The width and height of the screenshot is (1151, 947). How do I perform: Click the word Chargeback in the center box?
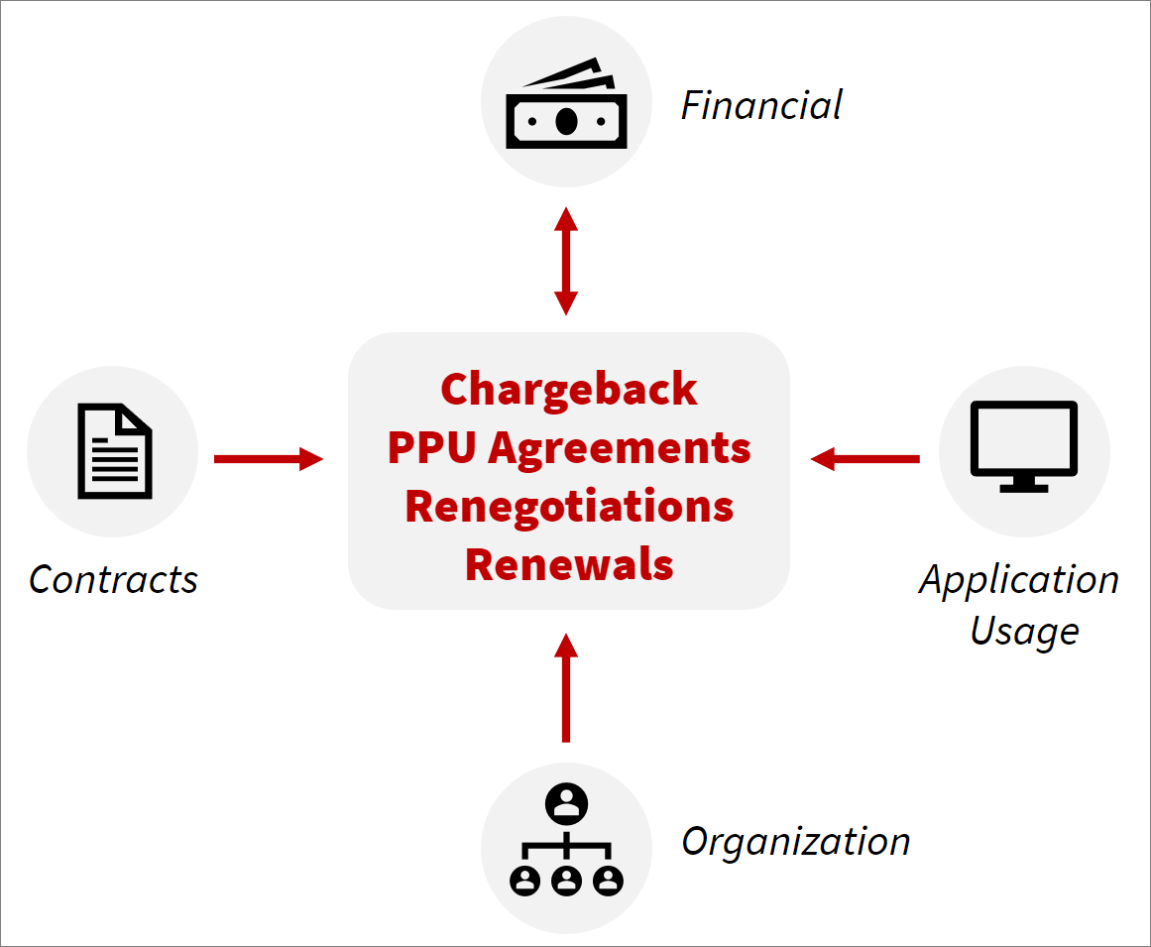(568, 390)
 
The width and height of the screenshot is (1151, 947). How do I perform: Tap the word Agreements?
(619, 449)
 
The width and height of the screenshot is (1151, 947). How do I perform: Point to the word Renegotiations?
(569, 507)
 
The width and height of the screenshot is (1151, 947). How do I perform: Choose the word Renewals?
(569, 565)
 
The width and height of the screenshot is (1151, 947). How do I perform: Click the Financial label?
(761, 105)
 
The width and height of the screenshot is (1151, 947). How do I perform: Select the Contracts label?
(113, 579)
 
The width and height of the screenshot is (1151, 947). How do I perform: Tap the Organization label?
(795, 841)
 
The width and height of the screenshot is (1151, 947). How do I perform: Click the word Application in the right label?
(1019, 579)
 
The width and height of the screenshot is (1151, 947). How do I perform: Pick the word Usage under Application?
(1024, 631)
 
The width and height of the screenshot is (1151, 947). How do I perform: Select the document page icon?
(115, 451)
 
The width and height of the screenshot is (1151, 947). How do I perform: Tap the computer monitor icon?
(1024, 444)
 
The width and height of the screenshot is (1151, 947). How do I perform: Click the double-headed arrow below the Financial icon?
(566, 261)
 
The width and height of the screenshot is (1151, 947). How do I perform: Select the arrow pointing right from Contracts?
(269, 458)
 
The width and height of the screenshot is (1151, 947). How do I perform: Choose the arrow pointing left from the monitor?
(865, 458)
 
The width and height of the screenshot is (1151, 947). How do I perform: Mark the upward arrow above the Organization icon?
(566, 688)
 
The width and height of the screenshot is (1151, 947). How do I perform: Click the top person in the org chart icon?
(566, 802)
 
